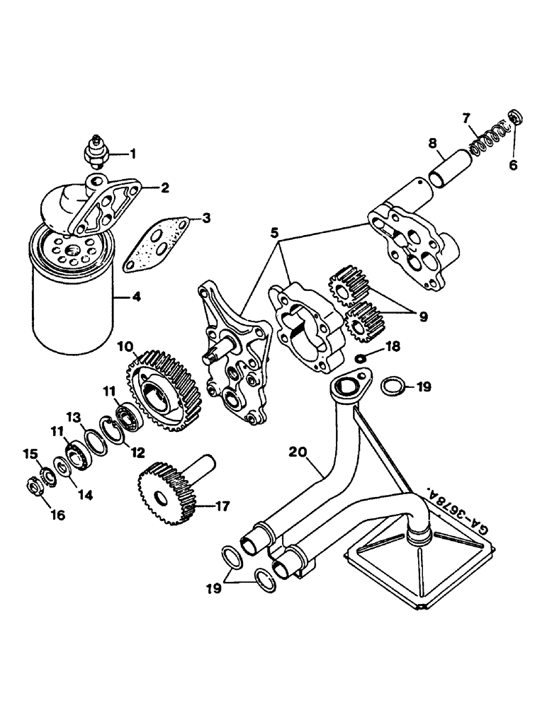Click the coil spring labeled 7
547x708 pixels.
point(489,139)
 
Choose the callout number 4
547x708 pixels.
point(135,297)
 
